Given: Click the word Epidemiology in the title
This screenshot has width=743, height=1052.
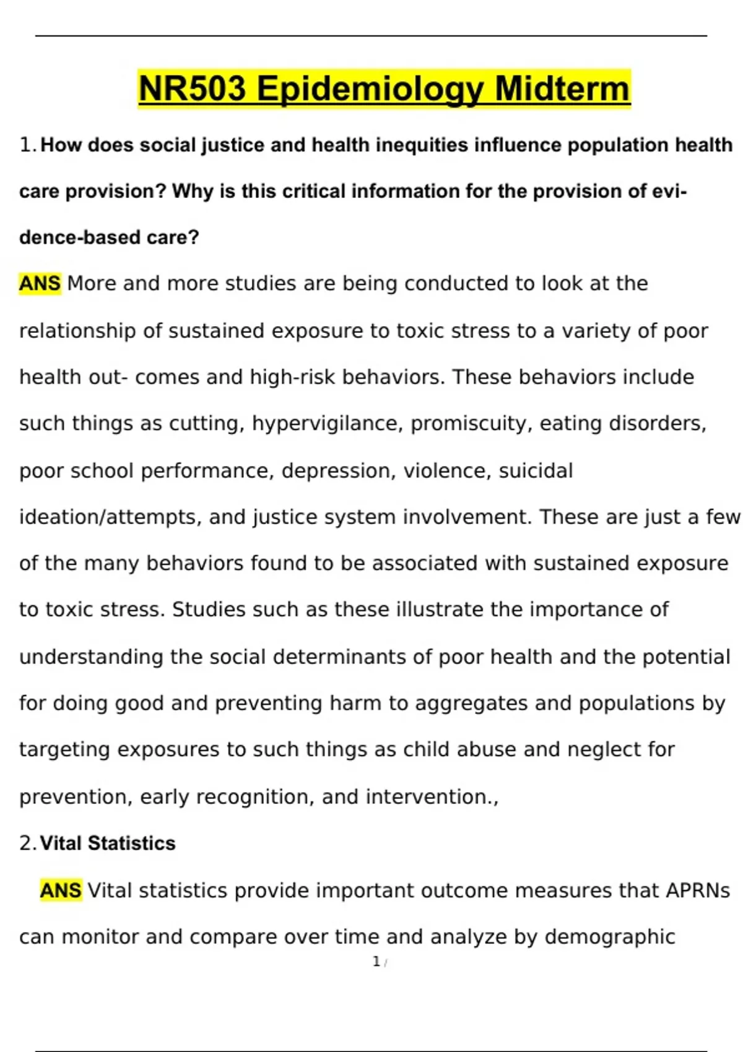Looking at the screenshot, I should [370, 89].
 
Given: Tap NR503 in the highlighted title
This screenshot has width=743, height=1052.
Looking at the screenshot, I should [192, 89].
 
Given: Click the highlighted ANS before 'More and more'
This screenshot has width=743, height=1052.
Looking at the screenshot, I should [40, 283].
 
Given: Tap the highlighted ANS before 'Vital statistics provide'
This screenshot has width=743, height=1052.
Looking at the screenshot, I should [61, 890].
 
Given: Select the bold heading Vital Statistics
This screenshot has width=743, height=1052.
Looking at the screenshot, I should [108, 843].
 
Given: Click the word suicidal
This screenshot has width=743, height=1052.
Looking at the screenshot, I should [536, 471].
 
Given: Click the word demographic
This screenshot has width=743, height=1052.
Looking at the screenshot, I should [609, 937].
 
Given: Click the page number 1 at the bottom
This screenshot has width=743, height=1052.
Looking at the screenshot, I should [376, 962].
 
